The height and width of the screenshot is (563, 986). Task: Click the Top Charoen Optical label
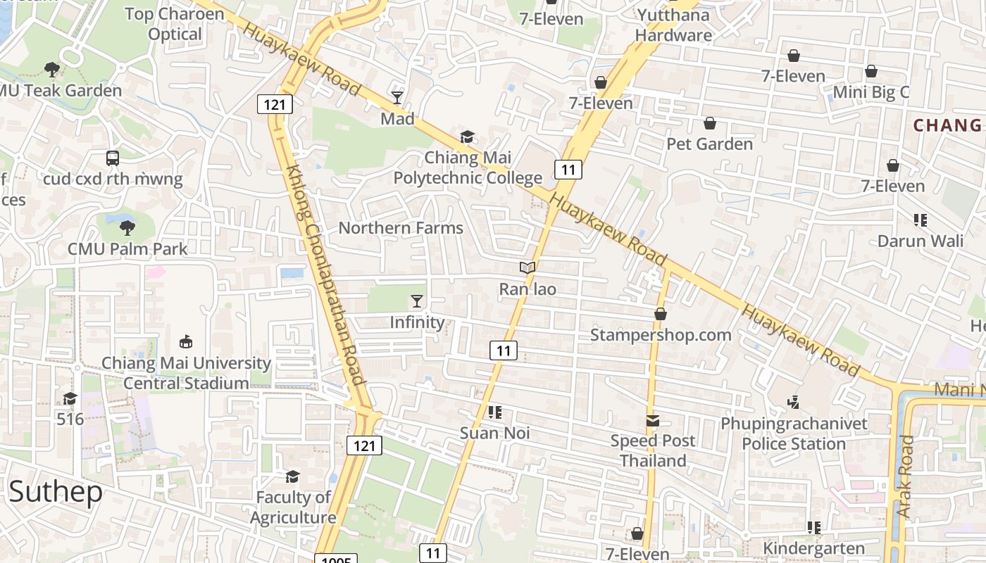click(175, 24)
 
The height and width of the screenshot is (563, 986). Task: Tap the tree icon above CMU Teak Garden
click(51, 69)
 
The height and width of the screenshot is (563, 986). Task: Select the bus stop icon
click(113, 158)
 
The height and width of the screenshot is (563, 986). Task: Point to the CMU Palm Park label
click(127, 249)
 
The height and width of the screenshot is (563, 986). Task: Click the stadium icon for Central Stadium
click(186, 342)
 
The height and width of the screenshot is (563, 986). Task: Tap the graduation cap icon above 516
click(70, 399)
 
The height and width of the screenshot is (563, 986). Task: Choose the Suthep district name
click(56, 492)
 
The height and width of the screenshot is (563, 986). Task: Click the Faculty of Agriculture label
click(293, 507)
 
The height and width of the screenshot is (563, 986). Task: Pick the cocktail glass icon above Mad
click(397, 97)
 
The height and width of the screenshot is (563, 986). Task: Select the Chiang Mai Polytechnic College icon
click(467, 137)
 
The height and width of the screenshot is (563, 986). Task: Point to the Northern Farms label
click(401, 228)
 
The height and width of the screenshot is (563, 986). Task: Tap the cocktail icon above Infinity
click(417, 301)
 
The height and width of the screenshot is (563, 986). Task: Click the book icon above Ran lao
click(528, 267)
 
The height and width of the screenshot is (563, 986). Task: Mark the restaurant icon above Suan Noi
click(494, 412)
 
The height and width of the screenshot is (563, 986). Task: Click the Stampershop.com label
click(661, 335)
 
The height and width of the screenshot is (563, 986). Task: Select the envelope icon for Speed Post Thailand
click(653, 421)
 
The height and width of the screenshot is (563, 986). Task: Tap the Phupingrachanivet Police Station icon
click(794, 402)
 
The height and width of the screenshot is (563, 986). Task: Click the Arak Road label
click(906, 476)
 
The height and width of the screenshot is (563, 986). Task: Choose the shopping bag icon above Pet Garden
click(710, 123)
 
